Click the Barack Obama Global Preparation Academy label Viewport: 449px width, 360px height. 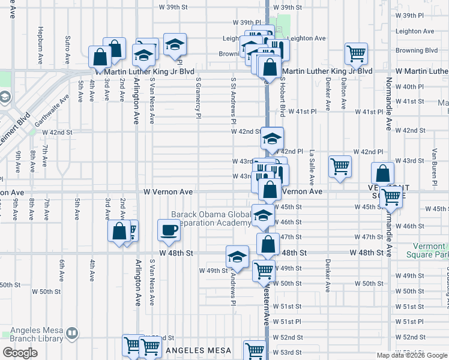(211, 219)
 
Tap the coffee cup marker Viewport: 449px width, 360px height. (169, 229)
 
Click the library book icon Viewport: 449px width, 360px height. (72, 332)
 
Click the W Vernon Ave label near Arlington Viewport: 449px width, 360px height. (168, 191)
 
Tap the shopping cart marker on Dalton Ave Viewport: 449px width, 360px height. (356, 54)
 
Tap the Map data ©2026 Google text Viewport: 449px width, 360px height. (412, 355)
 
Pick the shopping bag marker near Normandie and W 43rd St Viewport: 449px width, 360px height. (382, 174)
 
